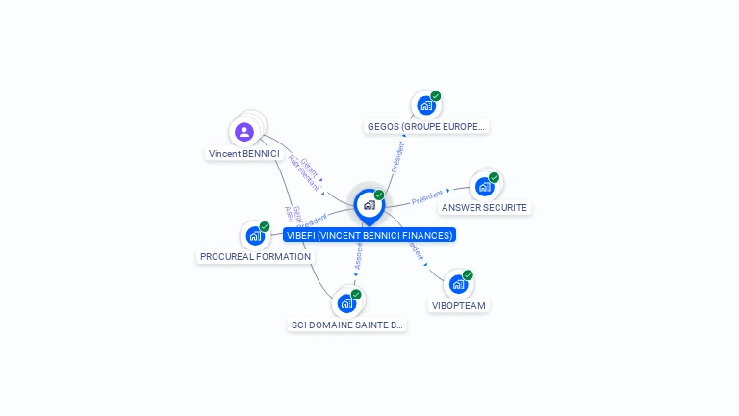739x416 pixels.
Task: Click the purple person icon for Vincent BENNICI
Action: pos(244,132)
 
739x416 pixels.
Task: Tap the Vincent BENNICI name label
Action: pos(243,154)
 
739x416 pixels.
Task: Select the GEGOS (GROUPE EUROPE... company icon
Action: pos(425,106)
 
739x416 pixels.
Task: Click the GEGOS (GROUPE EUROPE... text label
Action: pos(427,126)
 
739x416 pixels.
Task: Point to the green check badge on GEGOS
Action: pos(436,96)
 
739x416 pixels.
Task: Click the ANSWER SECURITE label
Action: pos(484,207)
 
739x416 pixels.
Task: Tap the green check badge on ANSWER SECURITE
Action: pos(494,177)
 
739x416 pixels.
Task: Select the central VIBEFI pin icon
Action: pos(369,205)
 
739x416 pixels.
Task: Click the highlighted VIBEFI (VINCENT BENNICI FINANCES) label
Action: pos(369,235)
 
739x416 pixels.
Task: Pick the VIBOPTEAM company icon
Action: pos(458,284)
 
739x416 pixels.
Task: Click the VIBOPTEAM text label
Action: pos(459,305)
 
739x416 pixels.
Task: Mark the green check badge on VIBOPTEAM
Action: pos(468,275)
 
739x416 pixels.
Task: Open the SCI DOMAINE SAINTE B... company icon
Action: pos(346,303)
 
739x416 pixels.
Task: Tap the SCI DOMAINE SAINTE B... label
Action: pos(346,325)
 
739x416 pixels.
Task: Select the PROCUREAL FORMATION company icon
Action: pos(254,236)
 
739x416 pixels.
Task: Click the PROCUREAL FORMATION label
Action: pos(255,257)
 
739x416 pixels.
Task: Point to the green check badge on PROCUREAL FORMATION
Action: pos(265,227)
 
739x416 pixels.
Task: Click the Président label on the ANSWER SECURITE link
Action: pos(427,197)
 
